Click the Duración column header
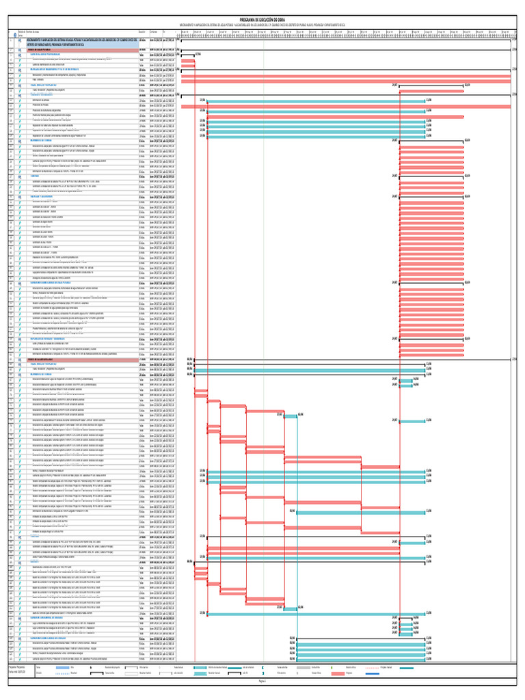(142, 32)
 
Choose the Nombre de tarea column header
(27, 32)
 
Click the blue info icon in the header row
(14, 35)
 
